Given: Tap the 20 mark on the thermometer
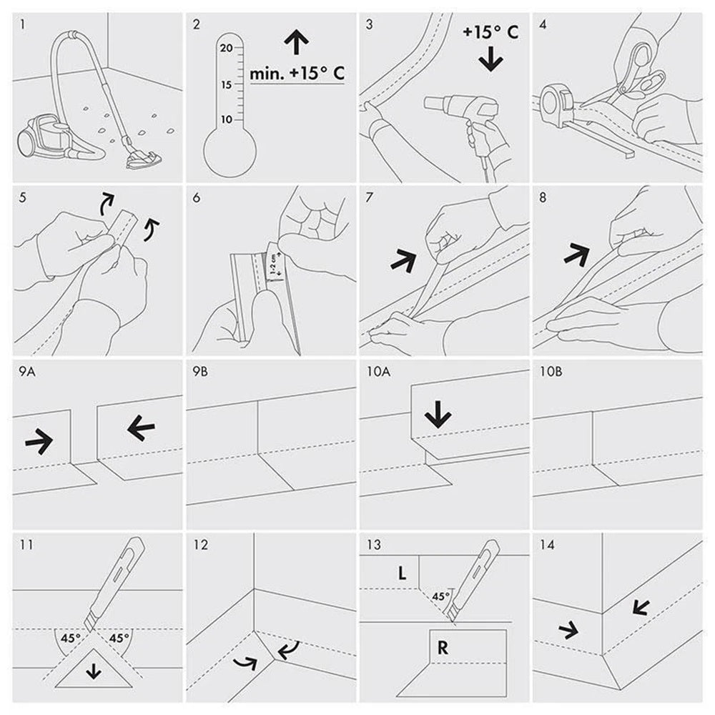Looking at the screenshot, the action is point(226,48).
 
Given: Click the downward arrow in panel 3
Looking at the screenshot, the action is point(490,61).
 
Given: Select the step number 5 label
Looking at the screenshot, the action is point(23,197).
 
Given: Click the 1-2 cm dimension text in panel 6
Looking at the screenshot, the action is point(274,264).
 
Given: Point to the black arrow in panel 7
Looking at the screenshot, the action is point(403,260).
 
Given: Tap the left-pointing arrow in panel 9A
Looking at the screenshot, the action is point(141,428).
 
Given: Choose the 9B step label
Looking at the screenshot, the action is point(200,372).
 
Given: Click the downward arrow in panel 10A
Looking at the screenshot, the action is point(438,414).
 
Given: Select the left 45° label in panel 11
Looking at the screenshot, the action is point(71,638).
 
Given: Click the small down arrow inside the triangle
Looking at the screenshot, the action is point(94,671).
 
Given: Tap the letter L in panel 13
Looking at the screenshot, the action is point(402,573).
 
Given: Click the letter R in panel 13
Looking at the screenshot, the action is point(443,648).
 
